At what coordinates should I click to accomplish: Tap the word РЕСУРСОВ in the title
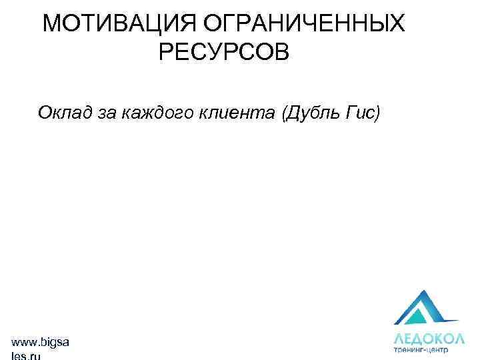(x=224, y=52)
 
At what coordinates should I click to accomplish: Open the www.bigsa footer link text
(x=40, y=342)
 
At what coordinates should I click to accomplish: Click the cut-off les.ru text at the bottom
(x=27, y=356)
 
